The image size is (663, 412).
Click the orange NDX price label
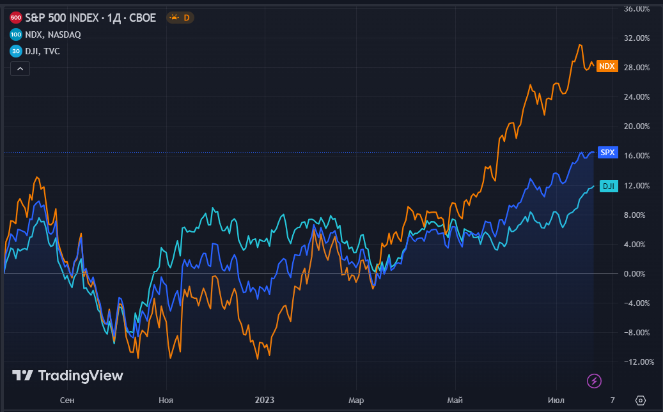(607, 66)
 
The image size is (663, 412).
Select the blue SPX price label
(607, 153)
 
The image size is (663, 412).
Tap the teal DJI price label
(608, 186)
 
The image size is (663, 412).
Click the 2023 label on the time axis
(264, 401)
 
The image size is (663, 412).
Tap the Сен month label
(66, 401)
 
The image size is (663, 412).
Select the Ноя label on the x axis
(166, 401)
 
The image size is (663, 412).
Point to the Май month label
(455, 401)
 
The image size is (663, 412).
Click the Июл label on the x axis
(556, 401)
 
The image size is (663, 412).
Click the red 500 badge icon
(16, 18)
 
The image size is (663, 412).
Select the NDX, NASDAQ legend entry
(54, 34)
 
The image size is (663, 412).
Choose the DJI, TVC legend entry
(43, 51)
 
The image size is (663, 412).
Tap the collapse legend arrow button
(20, 68)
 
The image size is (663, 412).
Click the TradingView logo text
(68, 376)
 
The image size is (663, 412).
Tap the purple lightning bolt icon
(595, 381)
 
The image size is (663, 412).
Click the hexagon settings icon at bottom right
(641, 401)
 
